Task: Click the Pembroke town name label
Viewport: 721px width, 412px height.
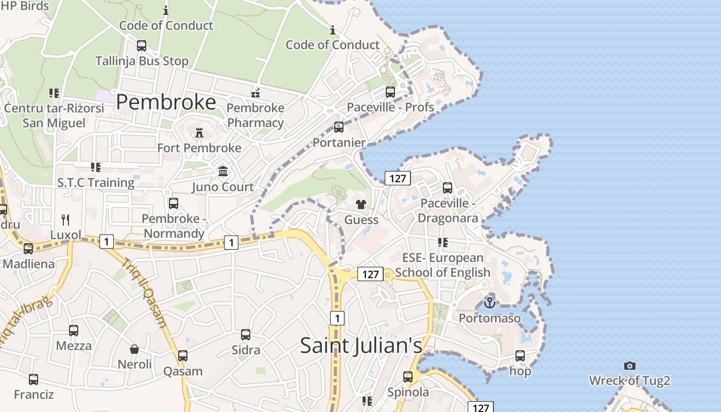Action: pyautogui.click(x=165, y=102)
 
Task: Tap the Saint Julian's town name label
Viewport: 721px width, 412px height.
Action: pyautogui.click(x=361, y=345)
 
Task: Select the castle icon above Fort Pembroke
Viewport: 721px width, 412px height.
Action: pyautogui.click(x=199, y=133)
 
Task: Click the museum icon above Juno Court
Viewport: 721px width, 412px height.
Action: pyautogui.click(x=223, y=171)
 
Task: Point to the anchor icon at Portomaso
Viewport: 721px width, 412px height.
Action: pyautogui.click(x=490, y=302)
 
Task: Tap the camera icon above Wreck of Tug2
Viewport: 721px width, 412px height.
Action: pyautogui.click(x=629, y=366)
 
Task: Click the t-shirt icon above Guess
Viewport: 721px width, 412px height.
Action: pyautogui.click(x=361, y=204)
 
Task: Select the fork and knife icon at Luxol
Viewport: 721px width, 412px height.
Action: pyautogui.click(x=65, y=220)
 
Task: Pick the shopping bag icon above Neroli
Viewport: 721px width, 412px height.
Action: pyautogui.click(x=134, y=349)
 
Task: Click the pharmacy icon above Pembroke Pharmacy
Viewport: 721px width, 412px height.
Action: pyautogui.click(x=255, y=93)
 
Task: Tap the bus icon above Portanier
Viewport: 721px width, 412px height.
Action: pyautogui.click(x=339, y=127)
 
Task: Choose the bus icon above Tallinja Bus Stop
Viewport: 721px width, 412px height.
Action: pyautogui.click(x=142, y=45)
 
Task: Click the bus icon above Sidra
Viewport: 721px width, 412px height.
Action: pyautogui.click(x=246, y=335)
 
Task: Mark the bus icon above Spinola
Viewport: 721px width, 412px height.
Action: pyautogui.click(x=408, y=376)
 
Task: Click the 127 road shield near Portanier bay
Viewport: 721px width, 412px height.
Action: pyautogui.click(x=398, y=179)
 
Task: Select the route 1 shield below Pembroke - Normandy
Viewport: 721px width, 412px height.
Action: pyautogui.click(x=231, y=242)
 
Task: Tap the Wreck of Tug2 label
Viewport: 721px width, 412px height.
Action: pyautogui.click(x=629, y=381)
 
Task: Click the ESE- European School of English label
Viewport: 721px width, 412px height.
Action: pyautogui.click(x=442, y=265)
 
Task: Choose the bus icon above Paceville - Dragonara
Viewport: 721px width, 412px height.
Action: pyautogui.click(x=448, y=188)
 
